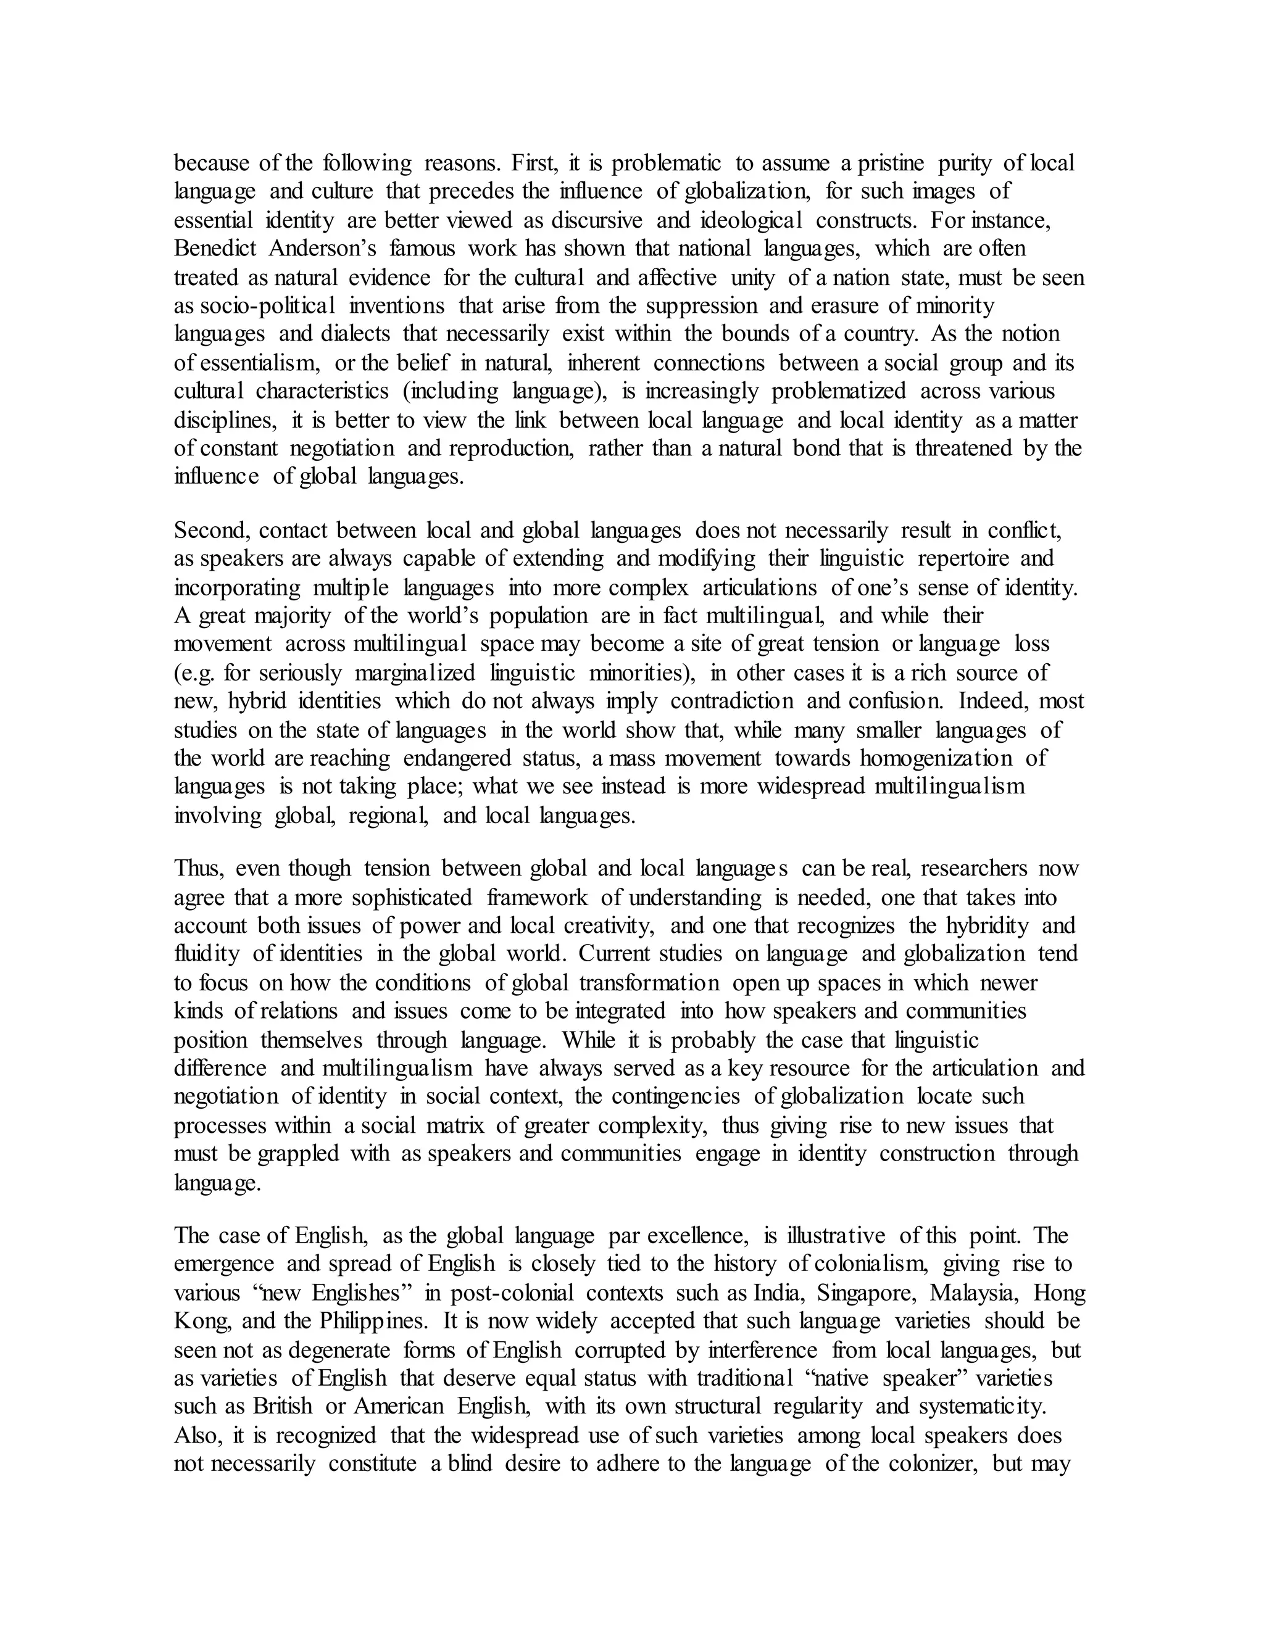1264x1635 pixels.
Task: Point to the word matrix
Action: (x=454, y=1125)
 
